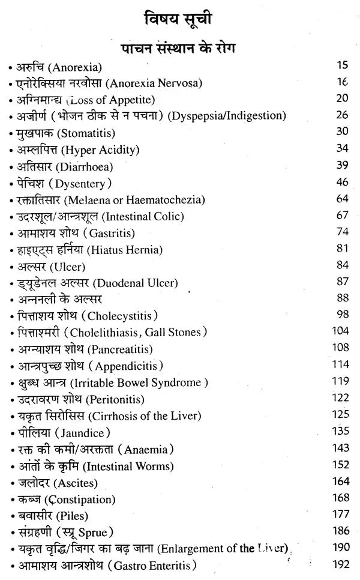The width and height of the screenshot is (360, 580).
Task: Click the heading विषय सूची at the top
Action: tap(180, 19)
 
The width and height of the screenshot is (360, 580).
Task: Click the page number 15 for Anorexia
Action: tap(343, 65)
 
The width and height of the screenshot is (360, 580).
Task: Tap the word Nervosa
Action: tap(179, 82)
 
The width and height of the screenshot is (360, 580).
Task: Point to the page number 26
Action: tap(343, 115)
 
